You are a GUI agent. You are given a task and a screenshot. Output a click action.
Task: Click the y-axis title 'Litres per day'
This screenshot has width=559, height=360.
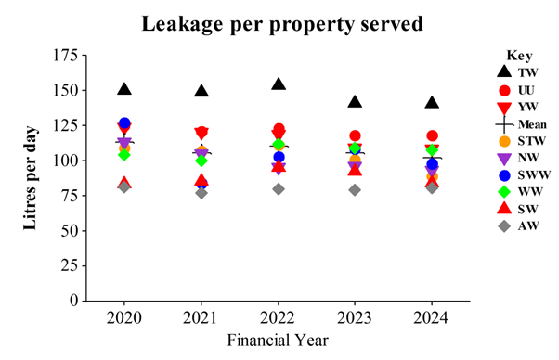click(32, 176)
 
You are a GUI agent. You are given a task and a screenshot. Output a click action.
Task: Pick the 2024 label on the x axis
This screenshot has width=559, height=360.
click(432, 319)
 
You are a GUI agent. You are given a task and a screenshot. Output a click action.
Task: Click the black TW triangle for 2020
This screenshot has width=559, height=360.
click(124, 88)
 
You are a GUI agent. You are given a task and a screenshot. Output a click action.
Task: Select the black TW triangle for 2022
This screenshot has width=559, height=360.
click(279, 84)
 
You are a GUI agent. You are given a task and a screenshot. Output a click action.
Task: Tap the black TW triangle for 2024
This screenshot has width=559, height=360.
click(432, 102)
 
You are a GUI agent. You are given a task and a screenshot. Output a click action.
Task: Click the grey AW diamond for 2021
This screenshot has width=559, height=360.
click(201, 192)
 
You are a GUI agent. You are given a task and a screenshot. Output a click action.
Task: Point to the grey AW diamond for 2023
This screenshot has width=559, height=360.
click(355, 189)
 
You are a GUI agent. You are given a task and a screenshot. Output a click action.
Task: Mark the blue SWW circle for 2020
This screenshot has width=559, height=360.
click(124, 123)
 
